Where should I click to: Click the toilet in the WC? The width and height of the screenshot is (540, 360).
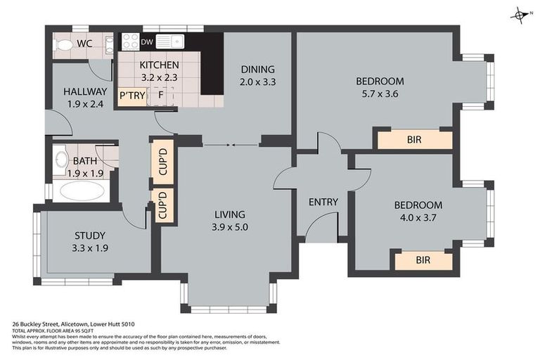coord(65,44)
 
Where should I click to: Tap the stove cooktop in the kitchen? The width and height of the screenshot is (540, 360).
coord(131,41)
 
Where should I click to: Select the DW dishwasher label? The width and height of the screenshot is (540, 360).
coord(147,42)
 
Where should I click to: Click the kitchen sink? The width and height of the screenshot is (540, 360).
coord(169,41)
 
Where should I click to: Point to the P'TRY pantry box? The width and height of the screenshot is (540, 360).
coord(131,95)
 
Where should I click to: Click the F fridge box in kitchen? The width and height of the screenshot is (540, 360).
coord(160,95)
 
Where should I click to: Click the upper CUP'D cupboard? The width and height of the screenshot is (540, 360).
coord(162,162)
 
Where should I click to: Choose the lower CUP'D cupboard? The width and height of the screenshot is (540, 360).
coord(162,205)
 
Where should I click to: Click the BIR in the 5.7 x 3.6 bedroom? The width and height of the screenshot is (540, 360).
coord(414,140)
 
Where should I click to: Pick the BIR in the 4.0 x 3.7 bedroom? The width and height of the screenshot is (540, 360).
coord(423,261)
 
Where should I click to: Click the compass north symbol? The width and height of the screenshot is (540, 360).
coord(521,15)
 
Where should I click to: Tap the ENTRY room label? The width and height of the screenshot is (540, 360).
coord(323,202)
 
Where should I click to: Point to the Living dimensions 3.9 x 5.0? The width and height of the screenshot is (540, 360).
coord(231,227)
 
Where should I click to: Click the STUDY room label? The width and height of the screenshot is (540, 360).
coord(89,236)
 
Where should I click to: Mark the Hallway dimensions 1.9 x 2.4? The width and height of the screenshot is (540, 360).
coord(84,105)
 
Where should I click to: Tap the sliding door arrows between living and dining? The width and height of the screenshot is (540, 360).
coord(231,146)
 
